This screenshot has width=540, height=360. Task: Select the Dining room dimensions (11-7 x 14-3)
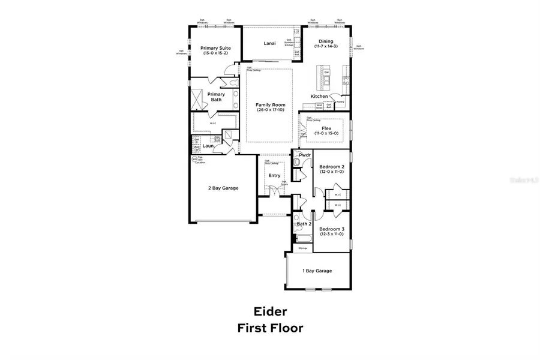(326, 46)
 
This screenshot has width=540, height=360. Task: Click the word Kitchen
(319, 97)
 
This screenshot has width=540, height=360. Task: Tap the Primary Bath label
(216, 97)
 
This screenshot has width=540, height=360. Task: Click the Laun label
(208, 145)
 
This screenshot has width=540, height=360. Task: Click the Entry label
(274, 175)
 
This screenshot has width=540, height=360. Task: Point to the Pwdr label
(305, 155)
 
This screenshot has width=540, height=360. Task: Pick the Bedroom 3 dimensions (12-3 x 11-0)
(331, 234)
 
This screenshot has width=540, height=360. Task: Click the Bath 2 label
(304, 224)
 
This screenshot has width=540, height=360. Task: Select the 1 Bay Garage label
(317, 271)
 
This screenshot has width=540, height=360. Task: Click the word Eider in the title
(269, 311)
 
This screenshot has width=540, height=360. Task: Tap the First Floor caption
(269, 328)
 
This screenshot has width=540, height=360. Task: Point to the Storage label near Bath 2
(303, 248)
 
